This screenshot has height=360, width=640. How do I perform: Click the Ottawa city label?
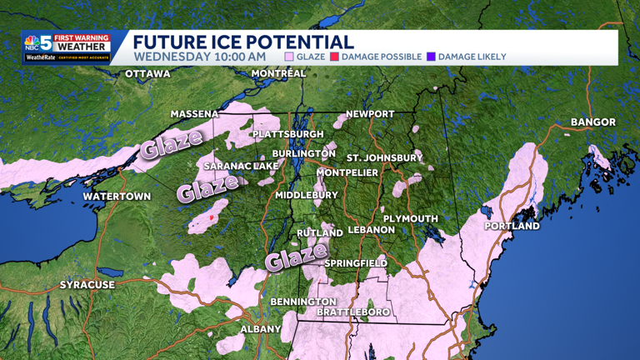point(147,74)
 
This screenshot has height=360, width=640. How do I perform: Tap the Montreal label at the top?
point(278,73)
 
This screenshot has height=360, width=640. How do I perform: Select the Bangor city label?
point(593,122)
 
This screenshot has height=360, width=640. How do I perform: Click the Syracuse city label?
point(87,285)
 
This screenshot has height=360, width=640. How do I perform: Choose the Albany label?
point(261,329)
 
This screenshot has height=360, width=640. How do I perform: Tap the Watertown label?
point(117,197)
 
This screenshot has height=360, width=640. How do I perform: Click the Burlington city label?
point(304,154)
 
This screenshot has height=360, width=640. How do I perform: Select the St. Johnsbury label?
point(385,157)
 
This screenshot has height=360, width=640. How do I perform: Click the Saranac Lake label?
point(242,166)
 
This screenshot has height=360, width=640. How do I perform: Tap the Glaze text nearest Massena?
point(171,144)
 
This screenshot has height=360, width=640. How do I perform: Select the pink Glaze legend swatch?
point(289,57)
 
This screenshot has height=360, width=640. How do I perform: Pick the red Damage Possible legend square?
point(334,57)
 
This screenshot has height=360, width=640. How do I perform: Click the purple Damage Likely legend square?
point(431,57)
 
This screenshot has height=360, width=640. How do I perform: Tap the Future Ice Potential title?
point(243,42)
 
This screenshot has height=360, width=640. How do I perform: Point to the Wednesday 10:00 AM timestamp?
point(200,57)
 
